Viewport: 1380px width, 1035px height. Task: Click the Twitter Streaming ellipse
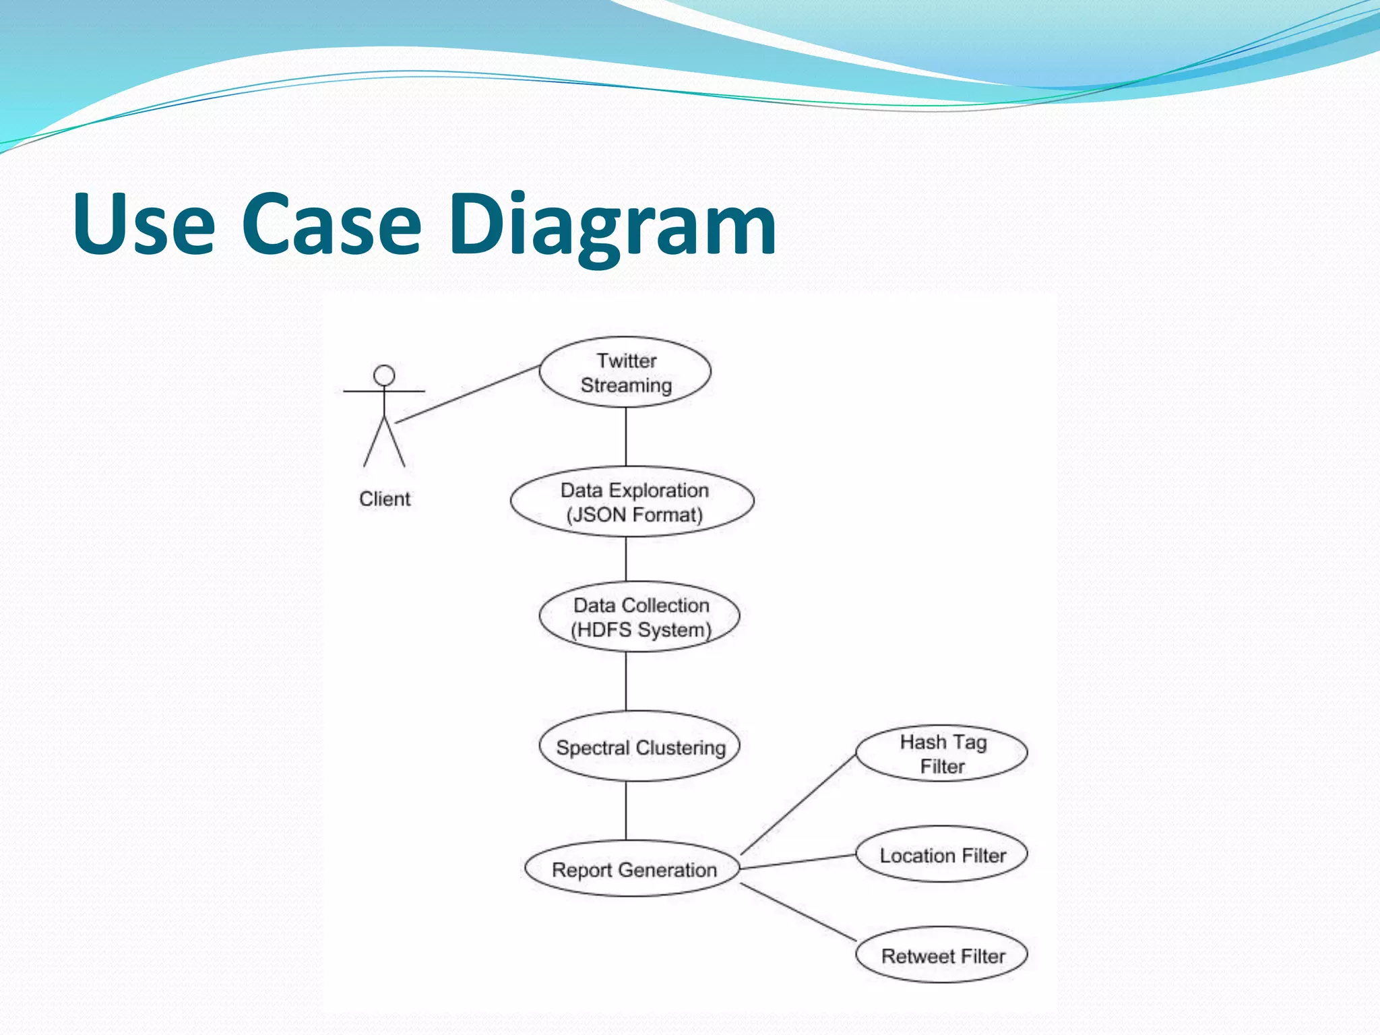[x=625, y=372]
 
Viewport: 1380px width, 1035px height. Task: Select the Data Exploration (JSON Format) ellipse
[x=632, y=502]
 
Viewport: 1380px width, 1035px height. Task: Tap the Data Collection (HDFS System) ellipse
[x=639, y=617]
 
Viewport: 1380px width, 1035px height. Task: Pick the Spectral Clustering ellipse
[x=639, y=747]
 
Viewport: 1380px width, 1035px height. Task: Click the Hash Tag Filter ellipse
[x=941, y=753]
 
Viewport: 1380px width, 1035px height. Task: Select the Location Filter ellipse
[x=941, y=854]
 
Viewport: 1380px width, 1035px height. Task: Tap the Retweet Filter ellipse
[x=941, y=955]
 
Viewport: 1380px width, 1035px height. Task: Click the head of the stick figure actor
[x=384, y=375]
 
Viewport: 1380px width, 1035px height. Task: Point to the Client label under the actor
[x=384, y=499]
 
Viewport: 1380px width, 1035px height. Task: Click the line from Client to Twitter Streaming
[x=468, y=394]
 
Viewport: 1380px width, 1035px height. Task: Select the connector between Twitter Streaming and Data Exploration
[x=626, y=437]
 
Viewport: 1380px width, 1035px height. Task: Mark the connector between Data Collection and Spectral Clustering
[x=626, y=681]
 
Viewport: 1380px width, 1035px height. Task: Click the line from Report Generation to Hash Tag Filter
[x=799, y=804]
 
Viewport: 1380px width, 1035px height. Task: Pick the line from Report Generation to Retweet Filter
[x=799, y=912]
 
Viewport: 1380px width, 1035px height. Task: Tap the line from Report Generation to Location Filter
[x=799, y=862]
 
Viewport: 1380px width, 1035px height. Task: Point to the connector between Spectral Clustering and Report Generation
[x=626, y=810]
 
